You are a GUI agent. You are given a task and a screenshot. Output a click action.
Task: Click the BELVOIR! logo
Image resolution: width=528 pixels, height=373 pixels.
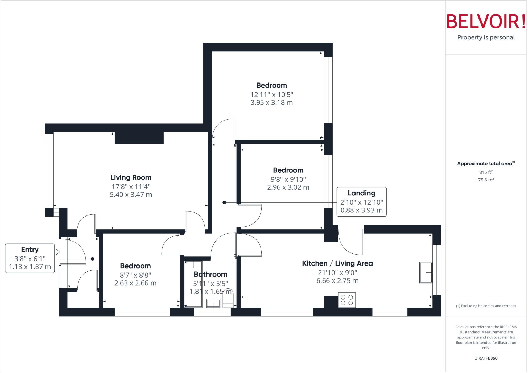[486, 21]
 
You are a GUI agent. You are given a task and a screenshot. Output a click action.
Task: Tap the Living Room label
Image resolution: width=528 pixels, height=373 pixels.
[131, 177]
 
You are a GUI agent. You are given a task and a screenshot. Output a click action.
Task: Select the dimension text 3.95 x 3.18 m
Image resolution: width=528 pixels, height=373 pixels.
[271, 103]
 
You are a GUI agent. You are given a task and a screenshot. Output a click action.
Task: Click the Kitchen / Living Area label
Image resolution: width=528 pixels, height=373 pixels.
[337, 263]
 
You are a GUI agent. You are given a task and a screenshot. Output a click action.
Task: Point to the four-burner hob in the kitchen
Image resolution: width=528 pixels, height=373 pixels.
[347, 300]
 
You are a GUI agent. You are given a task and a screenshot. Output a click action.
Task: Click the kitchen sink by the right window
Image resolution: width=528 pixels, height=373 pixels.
[426, 273]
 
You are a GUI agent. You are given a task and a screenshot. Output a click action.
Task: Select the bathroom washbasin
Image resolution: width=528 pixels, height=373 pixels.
[213, 303]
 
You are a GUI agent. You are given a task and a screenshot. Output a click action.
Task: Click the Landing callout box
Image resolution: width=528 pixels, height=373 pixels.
[361, 202]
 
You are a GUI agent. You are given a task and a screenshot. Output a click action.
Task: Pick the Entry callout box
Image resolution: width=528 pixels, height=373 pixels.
[30, 258]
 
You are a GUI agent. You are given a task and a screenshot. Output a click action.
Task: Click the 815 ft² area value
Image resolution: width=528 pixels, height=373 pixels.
[486, 172]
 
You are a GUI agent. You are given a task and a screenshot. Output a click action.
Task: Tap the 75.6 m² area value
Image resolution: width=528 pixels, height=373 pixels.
[486, 180]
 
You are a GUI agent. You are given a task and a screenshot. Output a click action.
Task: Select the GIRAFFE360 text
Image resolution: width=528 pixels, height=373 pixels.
[486, 358]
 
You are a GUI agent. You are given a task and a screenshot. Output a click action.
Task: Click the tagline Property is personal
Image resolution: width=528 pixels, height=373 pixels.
[486, 38]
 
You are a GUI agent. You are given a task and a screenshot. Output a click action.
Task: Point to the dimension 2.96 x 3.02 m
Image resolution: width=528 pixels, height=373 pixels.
[288, 187]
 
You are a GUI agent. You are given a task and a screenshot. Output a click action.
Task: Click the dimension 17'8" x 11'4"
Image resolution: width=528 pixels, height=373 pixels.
[131, 186]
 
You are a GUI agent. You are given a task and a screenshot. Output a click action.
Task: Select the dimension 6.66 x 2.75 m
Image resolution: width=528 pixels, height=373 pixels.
[337, 281]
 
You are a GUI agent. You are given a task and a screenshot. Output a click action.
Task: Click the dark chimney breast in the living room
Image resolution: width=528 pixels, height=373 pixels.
[139, 138]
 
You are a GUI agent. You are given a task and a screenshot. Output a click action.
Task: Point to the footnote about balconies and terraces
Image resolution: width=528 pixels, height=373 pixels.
[486, 306]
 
